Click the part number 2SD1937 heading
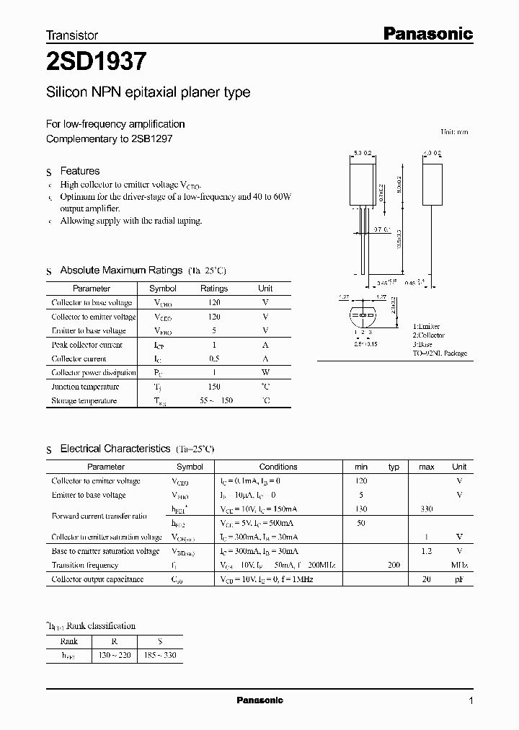(97, 62)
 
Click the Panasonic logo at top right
(426, 33)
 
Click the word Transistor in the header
(72, 35)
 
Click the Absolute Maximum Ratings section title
(120, 270)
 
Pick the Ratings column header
(213, 289)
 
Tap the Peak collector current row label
(87, 345)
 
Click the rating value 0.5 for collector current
(214, 359)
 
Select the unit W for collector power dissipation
(265, 372)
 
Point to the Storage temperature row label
(84, 400)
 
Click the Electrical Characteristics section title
(115, 449)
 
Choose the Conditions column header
(278, 467)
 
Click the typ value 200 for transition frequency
(394, 566)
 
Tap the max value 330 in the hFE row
(426, 509)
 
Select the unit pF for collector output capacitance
(459, 579)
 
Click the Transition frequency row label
(85, 566)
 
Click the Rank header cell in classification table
(69, 641)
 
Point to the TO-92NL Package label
(440, 353)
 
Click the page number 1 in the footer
(471, 701)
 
